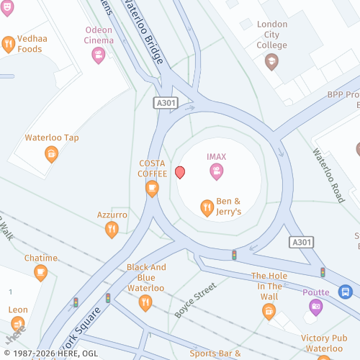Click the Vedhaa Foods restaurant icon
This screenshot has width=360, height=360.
(x=8, y=44)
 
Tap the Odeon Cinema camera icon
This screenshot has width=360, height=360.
(x=99, y=55)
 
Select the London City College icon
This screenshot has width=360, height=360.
(x=271, y=62)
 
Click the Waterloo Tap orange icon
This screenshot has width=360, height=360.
(x=51, y=153)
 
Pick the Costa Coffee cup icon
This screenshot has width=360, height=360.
(x=152, y=189)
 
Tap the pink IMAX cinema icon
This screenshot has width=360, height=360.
(x=216, y=171)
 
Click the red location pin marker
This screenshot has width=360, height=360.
(x=180, y=172)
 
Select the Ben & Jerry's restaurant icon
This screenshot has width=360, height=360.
(x=207, y=208)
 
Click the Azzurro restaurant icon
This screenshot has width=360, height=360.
(x=112, y=230)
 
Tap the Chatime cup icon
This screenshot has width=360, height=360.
(x=40, y=273)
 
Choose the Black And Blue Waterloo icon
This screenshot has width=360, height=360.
(x=146, y=303)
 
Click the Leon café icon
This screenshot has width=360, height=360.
(x=18, y=324)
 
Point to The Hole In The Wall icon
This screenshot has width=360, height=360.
(x=269, y=311)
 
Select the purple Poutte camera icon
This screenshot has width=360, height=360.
(x=315, y=307)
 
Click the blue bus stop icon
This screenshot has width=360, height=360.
(x=346, y=292)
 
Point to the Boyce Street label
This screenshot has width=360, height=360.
(x=195, y=300)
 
